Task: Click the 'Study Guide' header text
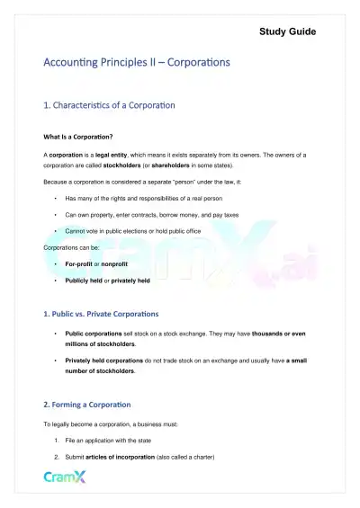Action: pos(287,31)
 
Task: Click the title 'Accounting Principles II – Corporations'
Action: pos(137,63)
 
